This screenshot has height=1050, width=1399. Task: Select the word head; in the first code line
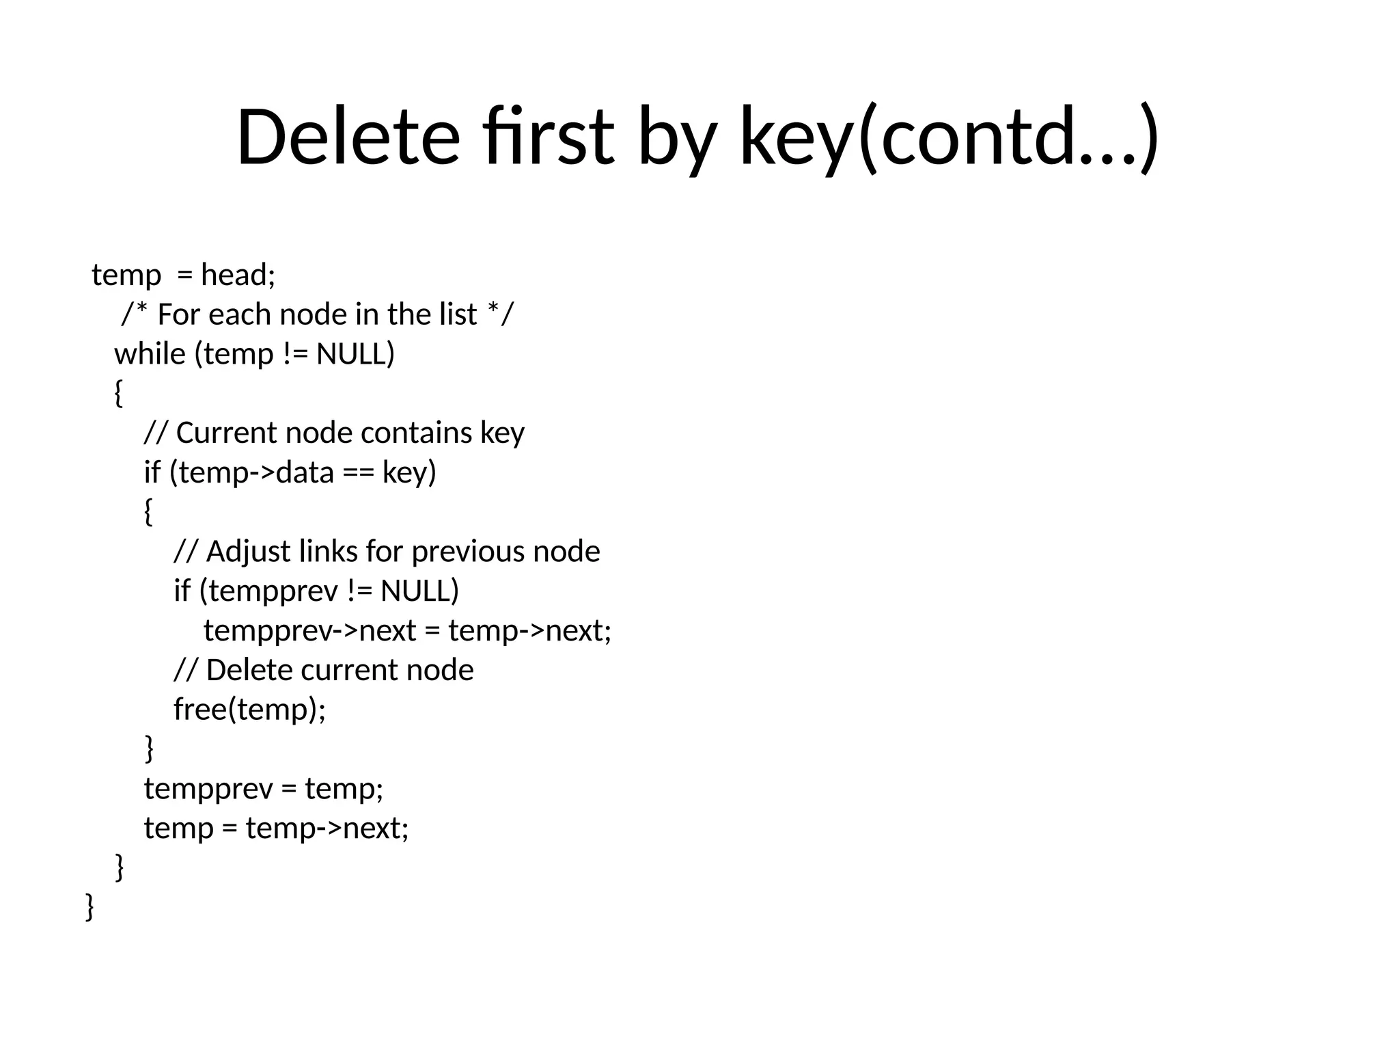point(238,275)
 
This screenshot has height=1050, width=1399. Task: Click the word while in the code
point(150,354)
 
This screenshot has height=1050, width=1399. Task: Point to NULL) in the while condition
point(355,354)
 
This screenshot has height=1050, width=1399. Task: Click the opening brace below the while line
point(118,394)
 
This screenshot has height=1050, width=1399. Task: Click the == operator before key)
point(358,473)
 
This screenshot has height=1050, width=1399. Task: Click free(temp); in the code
point(250,710)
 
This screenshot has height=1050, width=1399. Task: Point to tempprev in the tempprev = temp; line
point(208,789)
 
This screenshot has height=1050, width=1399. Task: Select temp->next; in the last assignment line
point(327,829)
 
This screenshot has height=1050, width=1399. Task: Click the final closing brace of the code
point(89,907)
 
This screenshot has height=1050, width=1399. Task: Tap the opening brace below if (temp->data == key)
point(148,512)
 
